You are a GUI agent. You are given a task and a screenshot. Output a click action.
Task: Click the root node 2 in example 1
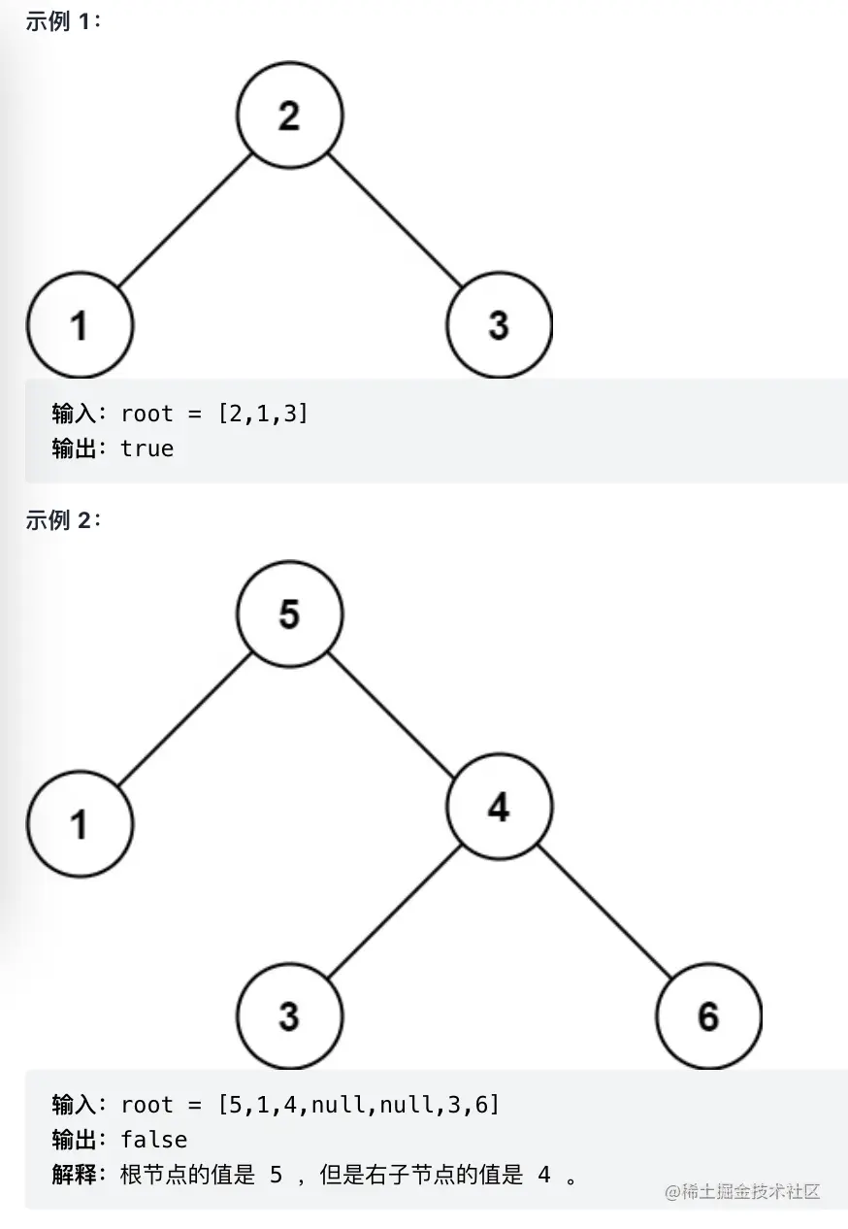pos(289,116)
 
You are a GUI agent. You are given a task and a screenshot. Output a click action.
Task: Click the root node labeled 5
pos(289,614)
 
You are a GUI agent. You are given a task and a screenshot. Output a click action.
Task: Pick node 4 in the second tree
pos(499,807)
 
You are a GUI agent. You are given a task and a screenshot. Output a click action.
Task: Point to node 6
pos(708,1016)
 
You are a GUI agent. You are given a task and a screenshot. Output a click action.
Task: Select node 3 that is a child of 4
pos(289,1016)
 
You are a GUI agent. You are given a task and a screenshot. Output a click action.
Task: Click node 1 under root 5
pos(80,825)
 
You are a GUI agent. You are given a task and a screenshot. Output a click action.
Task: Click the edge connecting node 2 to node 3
pos(394,219)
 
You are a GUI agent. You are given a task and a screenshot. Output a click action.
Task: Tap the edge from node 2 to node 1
pos(184,219)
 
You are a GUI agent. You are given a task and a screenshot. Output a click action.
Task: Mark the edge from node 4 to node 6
pos(603,912)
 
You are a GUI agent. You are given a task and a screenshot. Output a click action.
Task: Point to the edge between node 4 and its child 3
pos(394,912)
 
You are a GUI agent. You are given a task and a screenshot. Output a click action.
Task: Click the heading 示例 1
pos(62,22)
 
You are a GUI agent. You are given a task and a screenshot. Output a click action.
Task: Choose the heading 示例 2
pos(62,520)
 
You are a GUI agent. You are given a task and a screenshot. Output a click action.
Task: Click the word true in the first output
pos(147,448)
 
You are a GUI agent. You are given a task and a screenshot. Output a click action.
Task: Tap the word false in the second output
pos(154,1139)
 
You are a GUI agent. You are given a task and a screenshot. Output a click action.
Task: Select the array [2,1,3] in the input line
pos(263,414)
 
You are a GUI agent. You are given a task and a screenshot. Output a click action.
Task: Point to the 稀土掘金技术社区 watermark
pos(742,1191)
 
